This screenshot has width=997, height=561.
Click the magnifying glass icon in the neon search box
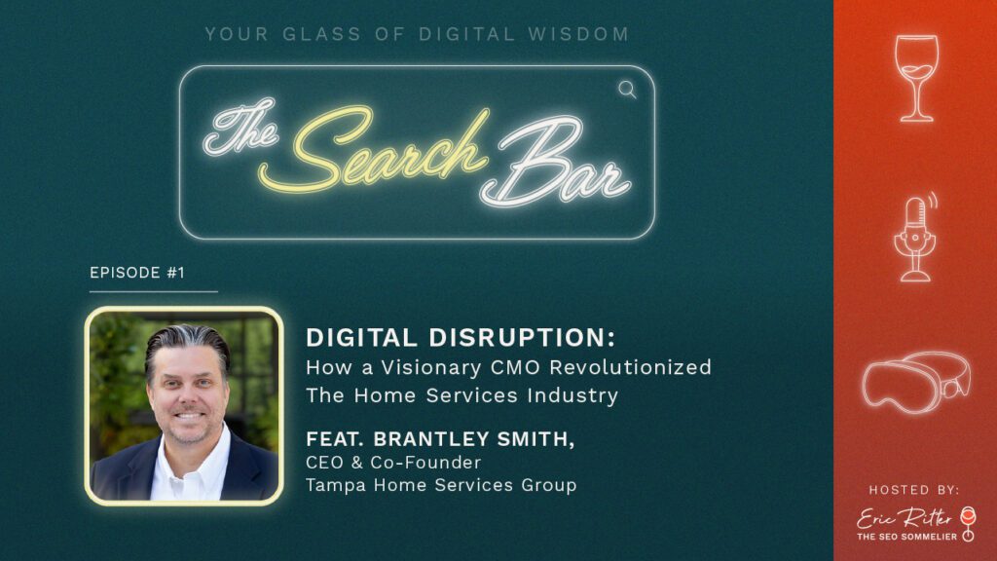(627, 90)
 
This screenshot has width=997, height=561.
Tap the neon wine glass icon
(916, 78)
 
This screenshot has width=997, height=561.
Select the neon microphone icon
(915, 237)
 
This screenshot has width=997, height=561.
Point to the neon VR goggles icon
(915, 379)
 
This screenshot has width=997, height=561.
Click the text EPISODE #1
(137, 274)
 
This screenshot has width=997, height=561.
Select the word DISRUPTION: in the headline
(530, 338)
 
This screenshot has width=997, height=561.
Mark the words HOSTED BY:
(914, 489)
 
